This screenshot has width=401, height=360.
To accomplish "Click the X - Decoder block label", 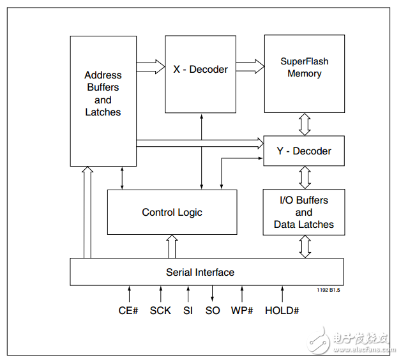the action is coord(200,70).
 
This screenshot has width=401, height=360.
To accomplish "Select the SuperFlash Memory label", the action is coord(305,67).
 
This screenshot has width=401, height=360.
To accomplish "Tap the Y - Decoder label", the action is coord(304,151).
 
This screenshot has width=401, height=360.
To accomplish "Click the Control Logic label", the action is coord(172,213).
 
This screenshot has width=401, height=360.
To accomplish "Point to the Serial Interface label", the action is coord(200,273).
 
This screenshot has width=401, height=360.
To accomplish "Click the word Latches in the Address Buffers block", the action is coord(103,112).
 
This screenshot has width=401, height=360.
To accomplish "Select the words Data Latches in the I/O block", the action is coord(304,225).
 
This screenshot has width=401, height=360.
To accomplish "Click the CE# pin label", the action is coord(128,311).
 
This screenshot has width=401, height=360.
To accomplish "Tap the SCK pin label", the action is coord(160,311).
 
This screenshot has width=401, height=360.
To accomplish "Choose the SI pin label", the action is coord(188,311).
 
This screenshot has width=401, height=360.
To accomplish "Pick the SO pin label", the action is coord(213,311).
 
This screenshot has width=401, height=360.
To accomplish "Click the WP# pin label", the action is coord(242,311).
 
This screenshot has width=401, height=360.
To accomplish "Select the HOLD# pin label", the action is coord(282,311).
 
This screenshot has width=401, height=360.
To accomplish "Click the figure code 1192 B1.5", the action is coord(328,290).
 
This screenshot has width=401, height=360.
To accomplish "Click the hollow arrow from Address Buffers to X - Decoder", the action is coord(151,67).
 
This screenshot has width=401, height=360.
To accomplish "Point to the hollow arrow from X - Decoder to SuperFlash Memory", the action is coord(250,66).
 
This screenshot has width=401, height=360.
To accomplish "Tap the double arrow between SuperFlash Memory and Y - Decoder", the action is coord(305,124).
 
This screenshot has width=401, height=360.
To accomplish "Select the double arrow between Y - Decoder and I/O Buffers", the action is coord(305,177).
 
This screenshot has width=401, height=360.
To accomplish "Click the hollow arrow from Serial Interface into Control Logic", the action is coord(172,246).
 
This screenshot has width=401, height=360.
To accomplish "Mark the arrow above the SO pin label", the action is coord(212,294).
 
